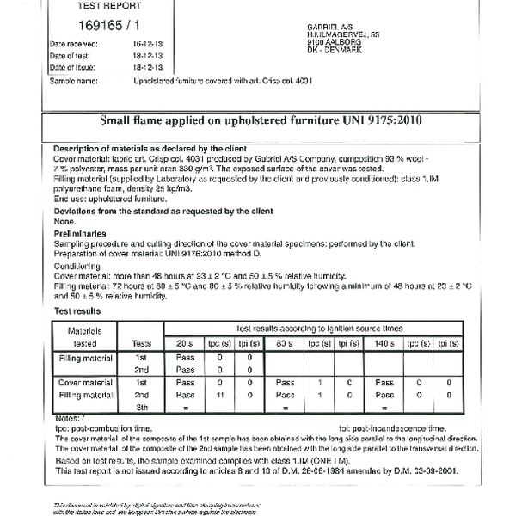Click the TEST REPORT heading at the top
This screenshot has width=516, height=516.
[102, 4]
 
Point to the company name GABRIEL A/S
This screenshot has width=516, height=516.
[331, 27]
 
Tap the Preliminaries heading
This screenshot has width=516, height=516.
[80, 233]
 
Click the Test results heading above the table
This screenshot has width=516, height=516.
[77, 310]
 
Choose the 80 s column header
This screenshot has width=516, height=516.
[284, 342]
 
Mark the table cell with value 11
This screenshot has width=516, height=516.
[220, 395]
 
